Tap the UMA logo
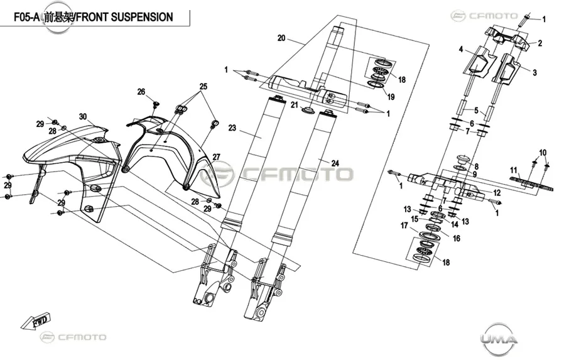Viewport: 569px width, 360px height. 499,339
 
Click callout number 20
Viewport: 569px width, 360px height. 281,38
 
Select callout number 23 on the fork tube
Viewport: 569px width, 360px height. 232,128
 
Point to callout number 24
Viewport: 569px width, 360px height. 335,163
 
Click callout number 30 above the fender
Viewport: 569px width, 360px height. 83,116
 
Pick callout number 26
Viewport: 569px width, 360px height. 141,92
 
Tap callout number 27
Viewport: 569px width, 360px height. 216,157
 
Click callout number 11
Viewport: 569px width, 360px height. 514,170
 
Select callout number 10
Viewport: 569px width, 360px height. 543,153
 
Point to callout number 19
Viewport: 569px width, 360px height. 391,97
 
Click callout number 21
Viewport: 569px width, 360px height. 295,105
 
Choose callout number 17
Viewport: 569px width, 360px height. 404,226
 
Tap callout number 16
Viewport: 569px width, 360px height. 457,238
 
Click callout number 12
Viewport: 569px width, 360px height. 496,193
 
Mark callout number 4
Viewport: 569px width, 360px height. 461,50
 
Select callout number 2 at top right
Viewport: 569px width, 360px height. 540,43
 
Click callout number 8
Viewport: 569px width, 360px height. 477,166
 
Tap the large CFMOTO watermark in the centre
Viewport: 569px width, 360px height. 278,174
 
